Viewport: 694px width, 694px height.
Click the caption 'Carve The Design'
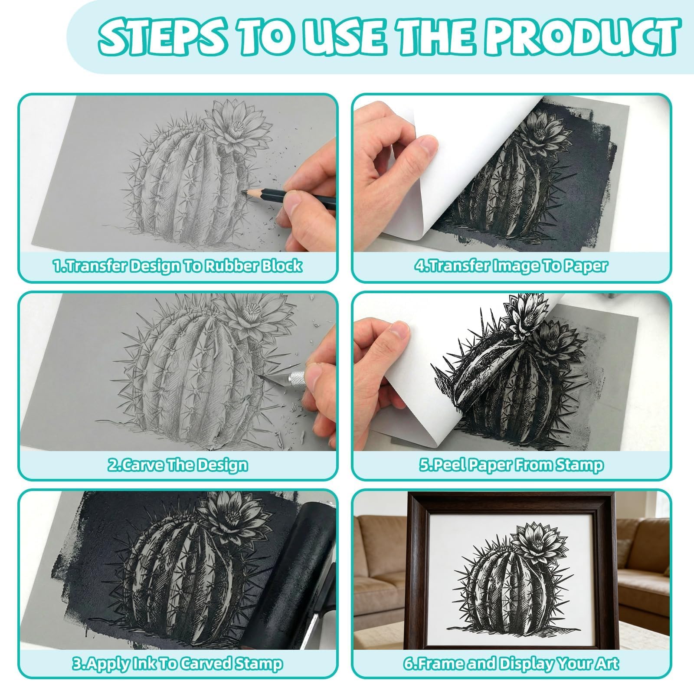[x=177, y=465]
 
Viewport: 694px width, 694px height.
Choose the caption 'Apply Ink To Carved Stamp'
[x=177, y=663]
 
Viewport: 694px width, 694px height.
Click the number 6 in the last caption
[x=409, y=664]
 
